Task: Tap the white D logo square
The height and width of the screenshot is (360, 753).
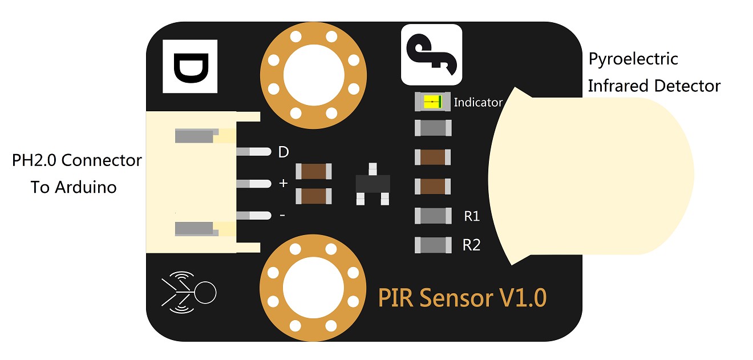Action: coord(190,67)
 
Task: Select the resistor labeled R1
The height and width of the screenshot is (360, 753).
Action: coord(433,216)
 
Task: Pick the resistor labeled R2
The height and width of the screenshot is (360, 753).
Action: coord(433,245)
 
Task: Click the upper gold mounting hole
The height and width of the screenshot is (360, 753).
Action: coord(313,75)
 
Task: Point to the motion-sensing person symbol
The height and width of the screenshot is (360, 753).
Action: coord(189,293)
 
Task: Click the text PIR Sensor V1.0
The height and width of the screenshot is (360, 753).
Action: coord(462,298)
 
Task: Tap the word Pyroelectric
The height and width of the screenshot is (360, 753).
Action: coord(633,59)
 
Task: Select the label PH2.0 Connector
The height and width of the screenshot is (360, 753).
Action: coord(77,160)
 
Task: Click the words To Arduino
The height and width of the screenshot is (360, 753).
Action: coord(74,187)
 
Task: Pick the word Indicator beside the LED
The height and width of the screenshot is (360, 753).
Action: coord(478,103)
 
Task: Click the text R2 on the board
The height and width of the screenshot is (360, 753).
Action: coord(471,245)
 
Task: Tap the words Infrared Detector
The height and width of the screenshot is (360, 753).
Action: coord(654,86)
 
